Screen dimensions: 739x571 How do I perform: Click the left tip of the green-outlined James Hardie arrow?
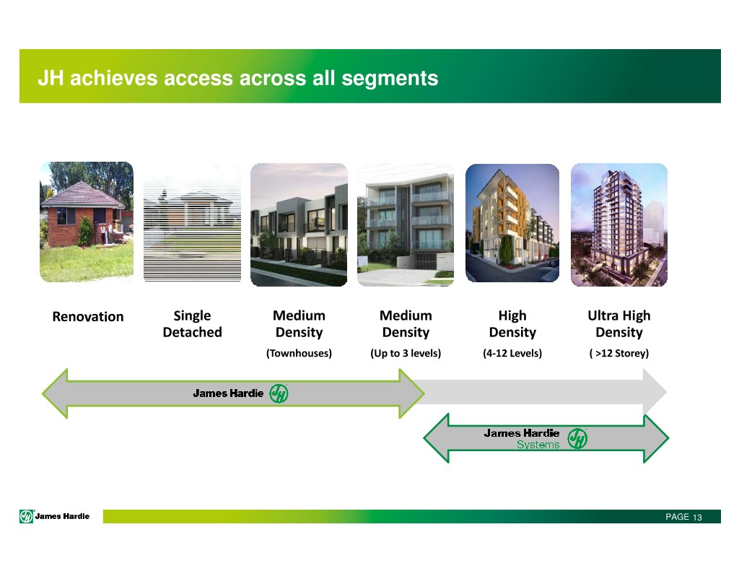[x=43, y=393]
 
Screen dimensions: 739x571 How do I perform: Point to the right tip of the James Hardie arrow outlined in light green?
[x=424, y=393]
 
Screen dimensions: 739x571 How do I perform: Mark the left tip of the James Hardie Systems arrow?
[x=424, y=438]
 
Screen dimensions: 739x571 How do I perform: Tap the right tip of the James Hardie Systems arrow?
[x=668, y=438]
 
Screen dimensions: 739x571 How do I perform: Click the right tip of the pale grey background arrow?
[x=667, y=392]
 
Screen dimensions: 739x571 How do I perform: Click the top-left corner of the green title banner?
[x=19, y=49]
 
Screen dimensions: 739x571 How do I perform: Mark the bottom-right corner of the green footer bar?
[x=721, y=523]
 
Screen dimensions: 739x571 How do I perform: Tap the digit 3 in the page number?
[x=700, y=518]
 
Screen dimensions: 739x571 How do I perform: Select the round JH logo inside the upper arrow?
[x=279, y=393]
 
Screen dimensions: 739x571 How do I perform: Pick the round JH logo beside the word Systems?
[x=577, y=438]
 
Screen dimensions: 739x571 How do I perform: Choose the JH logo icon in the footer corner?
[x=27, y=517]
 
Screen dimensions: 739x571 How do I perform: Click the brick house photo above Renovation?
[x=87, y=222]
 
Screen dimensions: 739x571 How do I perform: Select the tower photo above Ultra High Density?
[x=619, y=225]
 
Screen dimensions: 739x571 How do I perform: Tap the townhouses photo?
[x=299, y=225]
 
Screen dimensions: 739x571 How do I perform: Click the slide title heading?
[x=238, y=78]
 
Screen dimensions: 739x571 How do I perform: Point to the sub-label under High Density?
[x=512, y=353]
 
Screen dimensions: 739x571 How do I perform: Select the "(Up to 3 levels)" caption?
[x=406, y=353]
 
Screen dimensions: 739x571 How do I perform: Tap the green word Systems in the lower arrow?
[x=538, y=445]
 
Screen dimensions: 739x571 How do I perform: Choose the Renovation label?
[x=88, y=316]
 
